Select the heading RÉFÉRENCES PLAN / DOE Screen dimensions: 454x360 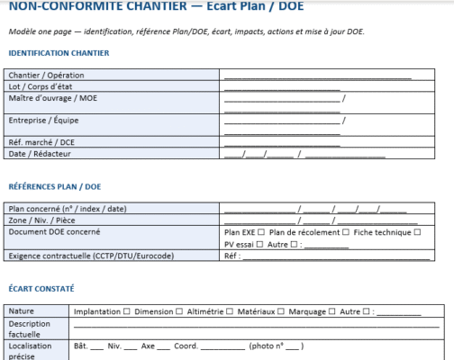pos(53,187)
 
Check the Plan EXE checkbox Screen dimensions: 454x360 pos(261,231)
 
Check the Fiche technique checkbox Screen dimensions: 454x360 pos(417,231)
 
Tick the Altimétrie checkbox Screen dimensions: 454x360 pos(229,312)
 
